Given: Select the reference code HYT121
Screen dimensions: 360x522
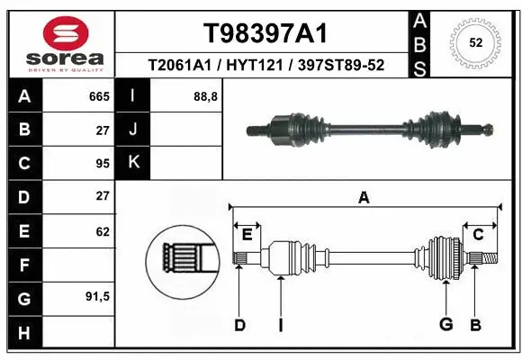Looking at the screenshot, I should point(264,65).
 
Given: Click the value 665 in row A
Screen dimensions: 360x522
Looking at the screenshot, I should point(99,95).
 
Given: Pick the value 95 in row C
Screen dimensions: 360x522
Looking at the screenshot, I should point(103,163).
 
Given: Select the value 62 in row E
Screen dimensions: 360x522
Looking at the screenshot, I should point(103,231).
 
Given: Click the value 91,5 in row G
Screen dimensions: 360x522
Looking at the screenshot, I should point(98,296).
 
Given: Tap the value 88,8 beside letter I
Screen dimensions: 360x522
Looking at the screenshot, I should point(206,95).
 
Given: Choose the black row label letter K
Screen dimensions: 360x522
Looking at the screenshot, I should point(134,163).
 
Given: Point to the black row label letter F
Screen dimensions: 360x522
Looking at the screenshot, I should point(23,265).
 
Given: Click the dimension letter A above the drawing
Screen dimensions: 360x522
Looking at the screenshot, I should point(364,197).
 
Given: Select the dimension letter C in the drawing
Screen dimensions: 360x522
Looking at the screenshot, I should point(478,235).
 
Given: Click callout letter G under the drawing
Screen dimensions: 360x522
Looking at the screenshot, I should point(445,324).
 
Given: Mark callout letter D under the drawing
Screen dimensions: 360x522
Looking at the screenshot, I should point(239,324).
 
